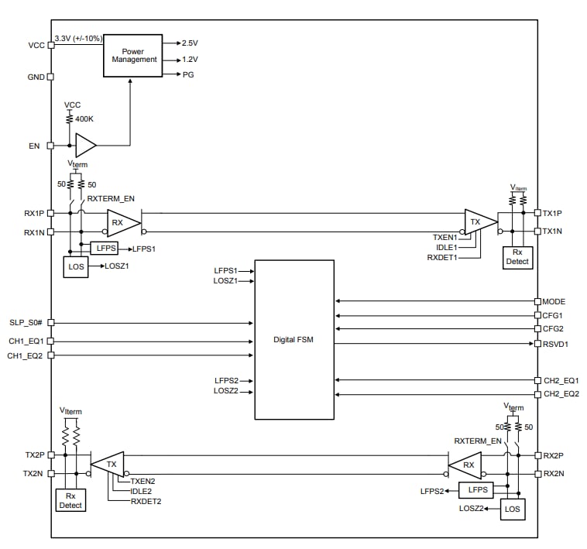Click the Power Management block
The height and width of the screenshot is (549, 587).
(133, 55)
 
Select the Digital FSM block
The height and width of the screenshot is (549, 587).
(294, 339)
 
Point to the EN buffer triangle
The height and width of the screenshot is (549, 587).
(84, 145)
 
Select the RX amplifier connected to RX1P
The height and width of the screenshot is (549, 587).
(121, 222)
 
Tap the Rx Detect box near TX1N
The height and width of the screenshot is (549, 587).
(517, 257)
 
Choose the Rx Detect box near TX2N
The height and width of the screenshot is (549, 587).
(70, 500)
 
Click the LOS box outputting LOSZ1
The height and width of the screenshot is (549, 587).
(76, 266)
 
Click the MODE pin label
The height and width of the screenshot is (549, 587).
(555, 300)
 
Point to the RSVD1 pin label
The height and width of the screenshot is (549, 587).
(556, 343)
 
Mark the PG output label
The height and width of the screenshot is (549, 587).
(188, 74)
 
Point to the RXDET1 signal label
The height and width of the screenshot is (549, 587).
(441, 256)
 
